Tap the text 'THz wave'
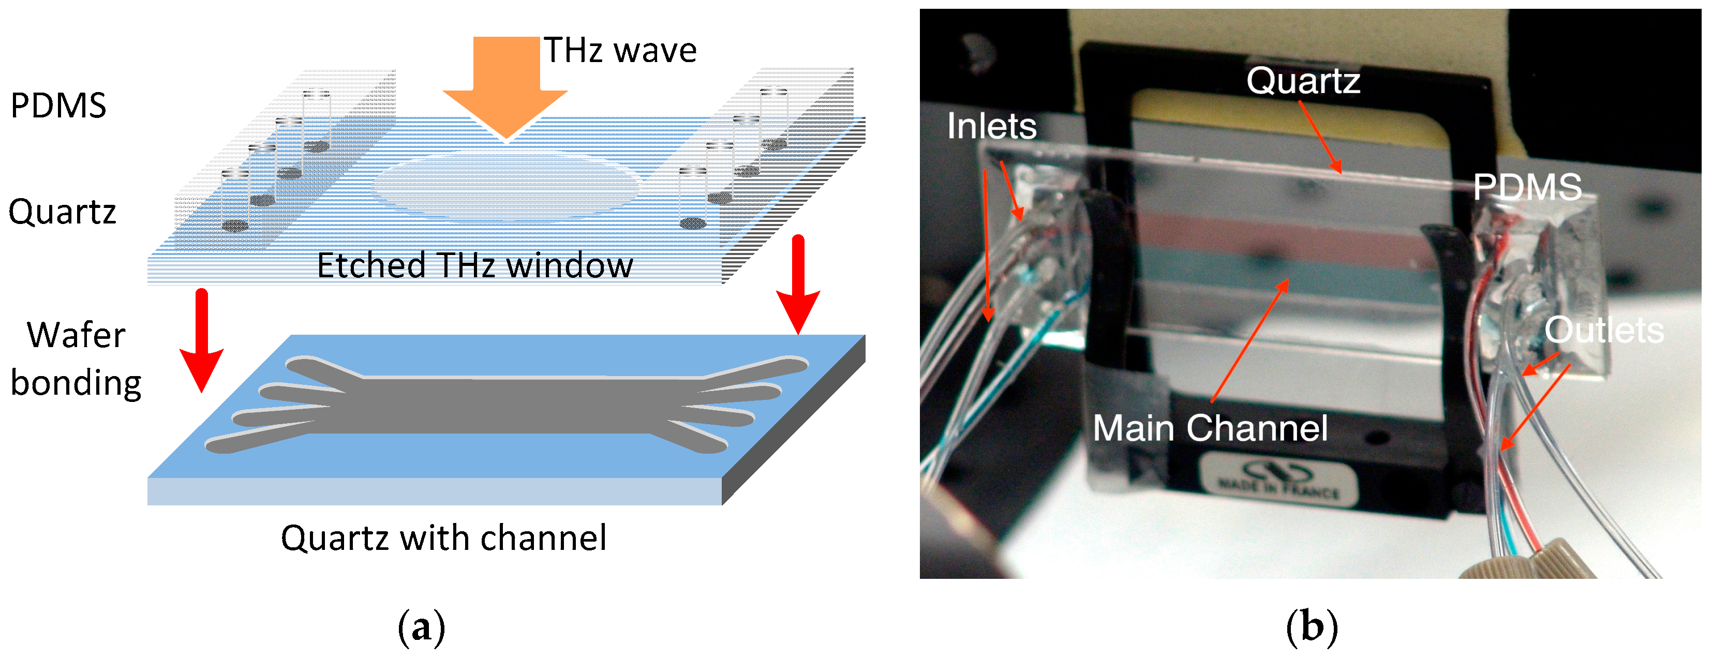point(620,51)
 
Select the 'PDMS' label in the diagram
point(58,106)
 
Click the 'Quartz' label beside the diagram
point(63,212)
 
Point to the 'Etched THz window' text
point(474,266)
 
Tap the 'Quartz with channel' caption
point(443,537)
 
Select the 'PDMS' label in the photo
point(1527,187)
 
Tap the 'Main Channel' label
point(1210,427)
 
